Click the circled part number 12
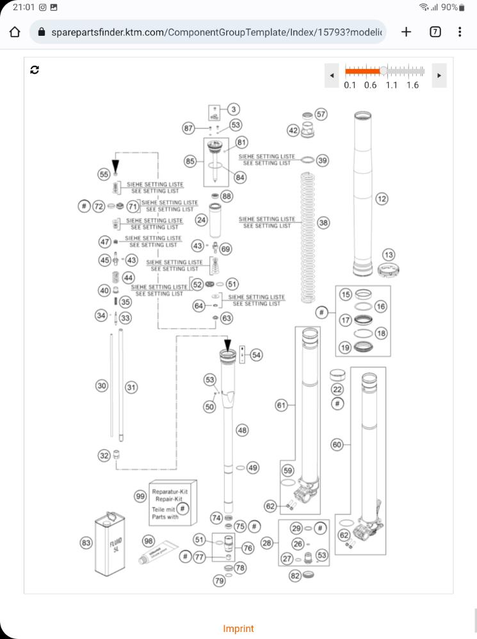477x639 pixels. pos(382,199)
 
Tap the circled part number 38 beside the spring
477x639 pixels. pos(323,223)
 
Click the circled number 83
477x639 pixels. pos(86,543)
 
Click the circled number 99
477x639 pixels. pos(140,496)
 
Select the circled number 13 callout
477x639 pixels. pos(388,255)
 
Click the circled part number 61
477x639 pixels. pos(281,405)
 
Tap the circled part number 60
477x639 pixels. pos(337,445)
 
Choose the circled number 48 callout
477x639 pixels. pos(242,430)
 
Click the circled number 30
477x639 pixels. pos(102,386)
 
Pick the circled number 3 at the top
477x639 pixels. pos(234,110)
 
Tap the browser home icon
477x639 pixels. pos(15,32)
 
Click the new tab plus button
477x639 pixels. pos(406,32)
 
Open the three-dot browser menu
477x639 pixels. pos(460,32)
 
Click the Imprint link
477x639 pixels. pos(238,629)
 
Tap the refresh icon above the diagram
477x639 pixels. pos(35,70)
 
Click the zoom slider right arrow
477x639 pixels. pos(439,75)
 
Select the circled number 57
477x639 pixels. pos(321,114)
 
